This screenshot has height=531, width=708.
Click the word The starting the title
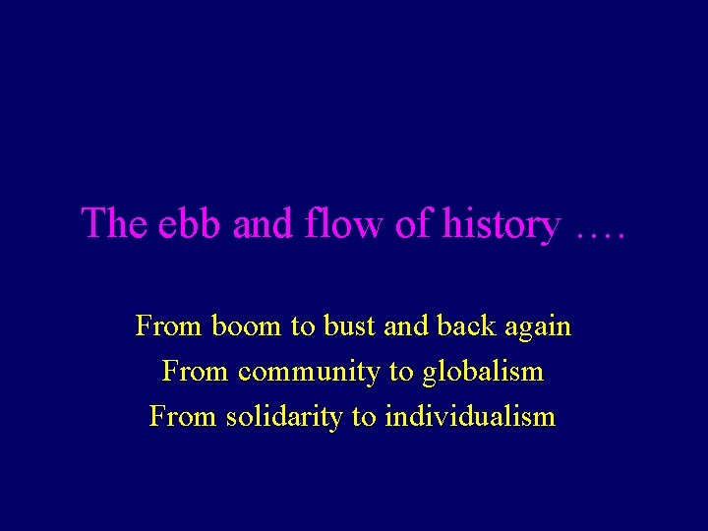coord(113,223)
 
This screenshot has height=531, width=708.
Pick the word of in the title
coord(410,223)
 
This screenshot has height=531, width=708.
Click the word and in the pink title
coord(264,223)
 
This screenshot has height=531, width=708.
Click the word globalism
coord(482,373)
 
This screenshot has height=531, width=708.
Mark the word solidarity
coord(284,418)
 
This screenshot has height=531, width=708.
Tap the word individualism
coord(470,417)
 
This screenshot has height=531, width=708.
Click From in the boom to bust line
coord(165,325)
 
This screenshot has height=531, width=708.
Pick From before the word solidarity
coord(179,417)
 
